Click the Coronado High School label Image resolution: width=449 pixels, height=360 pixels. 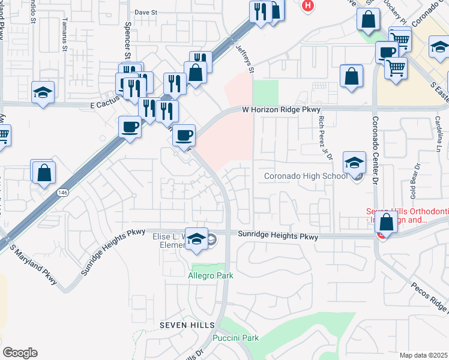(306, 176)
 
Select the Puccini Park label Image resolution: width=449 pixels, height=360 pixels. (238, 338)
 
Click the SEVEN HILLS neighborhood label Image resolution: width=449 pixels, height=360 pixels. (187, 325)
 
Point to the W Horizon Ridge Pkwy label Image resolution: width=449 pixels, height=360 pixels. (282, 110)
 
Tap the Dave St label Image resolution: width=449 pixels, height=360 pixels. (145, 11)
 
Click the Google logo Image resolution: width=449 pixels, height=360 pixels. (20, 353)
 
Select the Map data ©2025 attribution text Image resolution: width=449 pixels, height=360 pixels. (423, 355)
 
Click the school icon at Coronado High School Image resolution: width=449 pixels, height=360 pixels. (354, 163)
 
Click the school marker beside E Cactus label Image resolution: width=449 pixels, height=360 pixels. (43, 92)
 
